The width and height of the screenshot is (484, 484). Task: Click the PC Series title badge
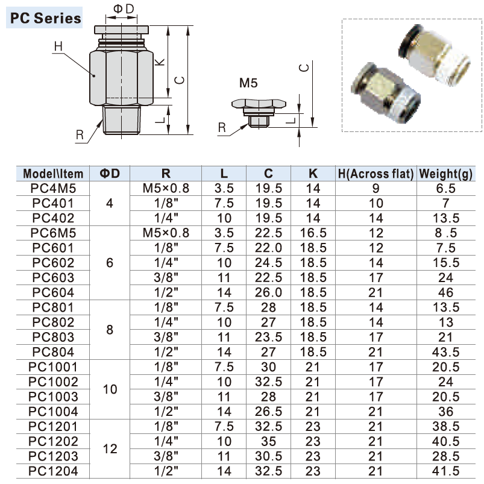pos(45,18)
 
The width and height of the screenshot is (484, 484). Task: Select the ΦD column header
pos(109,174)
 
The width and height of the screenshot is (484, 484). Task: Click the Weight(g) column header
pos(446,174)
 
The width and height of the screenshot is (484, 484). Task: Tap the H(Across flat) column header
pos(376,174)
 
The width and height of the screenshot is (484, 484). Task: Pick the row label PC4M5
pos(53,189)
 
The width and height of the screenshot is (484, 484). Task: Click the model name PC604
pos(53,292)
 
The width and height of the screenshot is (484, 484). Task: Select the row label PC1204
pos(53,471)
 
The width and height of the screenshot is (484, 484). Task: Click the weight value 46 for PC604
pos(446,292)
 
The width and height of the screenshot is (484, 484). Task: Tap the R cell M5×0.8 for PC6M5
pos(166,233)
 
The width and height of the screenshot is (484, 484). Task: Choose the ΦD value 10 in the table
pos(109,389)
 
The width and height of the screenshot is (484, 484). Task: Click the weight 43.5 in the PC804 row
pos(446,352)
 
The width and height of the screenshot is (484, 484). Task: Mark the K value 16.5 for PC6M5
pos(313,233)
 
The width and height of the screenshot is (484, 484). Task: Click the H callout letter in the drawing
pos(58,46)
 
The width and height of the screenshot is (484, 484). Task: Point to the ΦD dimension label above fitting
pos(124,8)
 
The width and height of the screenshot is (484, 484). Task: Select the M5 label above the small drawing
pos(248,83)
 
